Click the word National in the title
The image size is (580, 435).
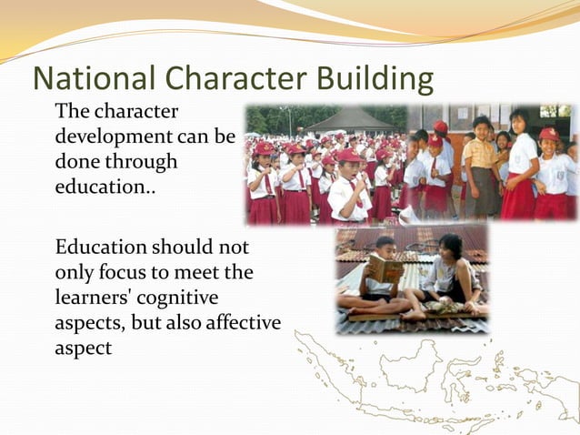pos(87,79)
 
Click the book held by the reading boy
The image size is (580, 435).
pos(385,270)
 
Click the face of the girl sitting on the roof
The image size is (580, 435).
pos(450,248)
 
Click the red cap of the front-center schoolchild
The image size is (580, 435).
pos(348,156)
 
